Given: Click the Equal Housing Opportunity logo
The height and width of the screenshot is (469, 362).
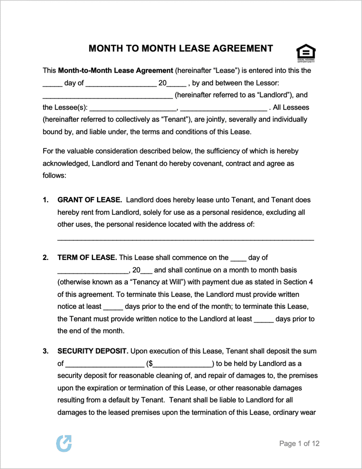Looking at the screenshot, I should tap(306, 53).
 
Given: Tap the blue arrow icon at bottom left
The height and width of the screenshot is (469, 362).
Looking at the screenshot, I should tap(63, 443).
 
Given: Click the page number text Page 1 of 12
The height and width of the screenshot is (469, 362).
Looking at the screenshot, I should tap(299, 444).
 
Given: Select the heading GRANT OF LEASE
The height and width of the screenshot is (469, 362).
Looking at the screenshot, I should tap(89, 200).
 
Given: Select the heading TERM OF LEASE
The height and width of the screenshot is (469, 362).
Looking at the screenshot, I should tap(87, 257).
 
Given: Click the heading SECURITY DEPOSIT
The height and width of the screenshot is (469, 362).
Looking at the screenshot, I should tap(92, 351).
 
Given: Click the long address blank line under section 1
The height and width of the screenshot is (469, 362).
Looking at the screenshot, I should tap(185, 238).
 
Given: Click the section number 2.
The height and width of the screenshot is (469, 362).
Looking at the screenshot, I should tap(46, 257).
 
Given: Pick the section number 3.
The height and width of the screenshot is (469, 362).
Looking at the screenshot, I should tap(46, 351).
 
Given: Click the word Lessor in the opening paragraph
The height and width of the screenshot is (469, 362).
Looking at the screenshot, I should tap(268, 83).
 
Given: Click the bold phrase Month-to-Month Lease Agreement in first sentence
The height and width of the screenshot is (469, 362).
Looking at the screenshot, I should tap(115, 70).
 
